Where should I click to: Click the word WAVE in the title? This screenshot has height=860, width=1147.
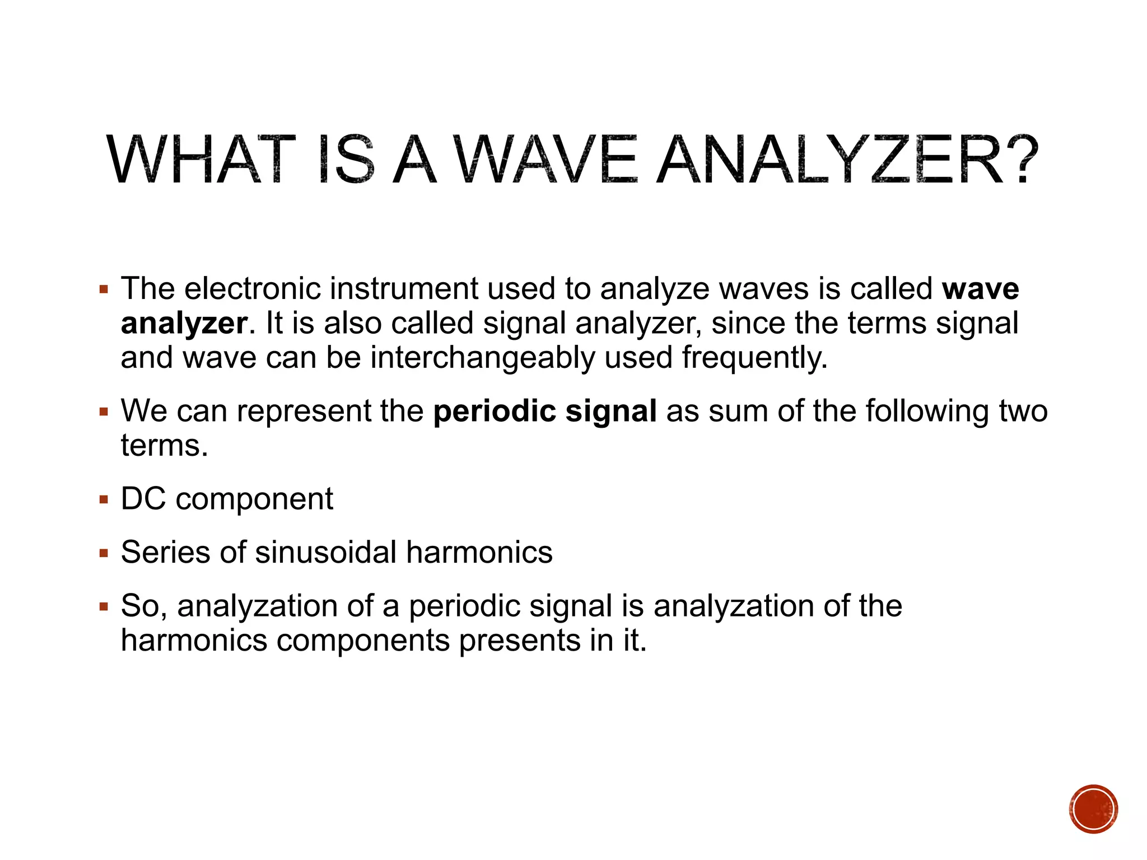[x=545, y=160]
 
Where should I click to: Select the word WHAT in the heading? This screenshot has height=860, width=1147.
[x=201, y=160]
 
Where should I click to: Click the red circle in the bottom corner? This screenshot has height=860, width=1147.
[x=1093, y=809]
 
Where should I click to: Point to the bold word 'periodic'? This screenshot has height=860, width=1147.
[x=494, y=412]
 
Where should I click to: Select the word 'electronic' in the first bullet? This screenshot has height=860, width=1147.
[x=253, y=289]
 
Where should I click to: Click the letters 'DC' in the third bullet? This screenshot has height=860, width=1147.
[x=143, y=499]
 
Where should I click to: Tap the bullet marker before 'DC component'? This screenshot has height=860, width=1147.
[x=104, y=499]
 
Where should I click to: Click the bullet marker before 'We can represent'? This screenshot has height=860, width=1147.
[x=104, y=412]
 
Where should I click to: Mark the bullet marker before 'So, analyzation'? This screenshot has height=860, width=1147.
[x=104, y=607]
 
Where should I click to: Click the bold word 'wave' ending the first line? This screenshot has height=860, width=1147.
[x=980, y=289]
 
